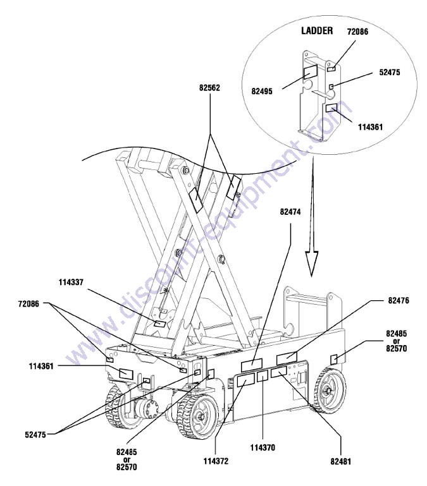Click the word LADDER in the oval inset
point(317,30)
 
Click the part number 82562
point(209,88)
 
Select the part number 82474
point(290,212)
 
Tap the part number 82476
point(399,300)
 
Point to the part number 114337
point(71,282)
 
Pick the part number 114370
point(263,447)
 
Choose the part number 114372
point(216,461)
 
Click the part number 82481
point(341,461)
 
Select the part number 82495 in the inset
point(262,92)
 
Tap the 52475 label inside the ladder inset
point(390,72)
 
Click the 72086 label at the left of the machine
point(28,304)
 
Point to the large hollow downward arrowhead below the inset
point(312,264)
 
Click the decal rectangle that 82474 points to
point(252,365)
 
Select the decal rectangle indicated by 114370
point(263,376)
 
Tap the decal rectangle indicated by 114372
point(246,380)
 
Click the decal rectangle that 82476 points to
point(287,358)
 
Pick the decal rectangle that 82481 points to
point(279,372)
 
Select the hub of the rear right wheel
point(327,391)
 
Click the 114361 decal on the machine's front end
point(126,374)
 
